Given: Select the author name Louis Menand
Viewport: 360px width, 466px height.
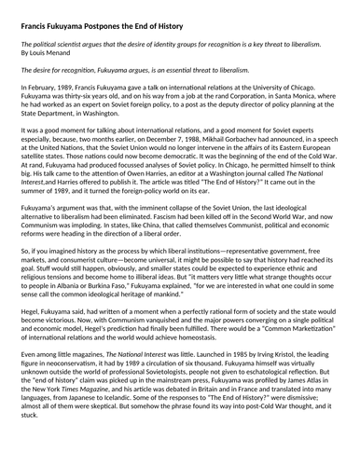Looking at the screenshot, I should [x=49, y=51].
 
